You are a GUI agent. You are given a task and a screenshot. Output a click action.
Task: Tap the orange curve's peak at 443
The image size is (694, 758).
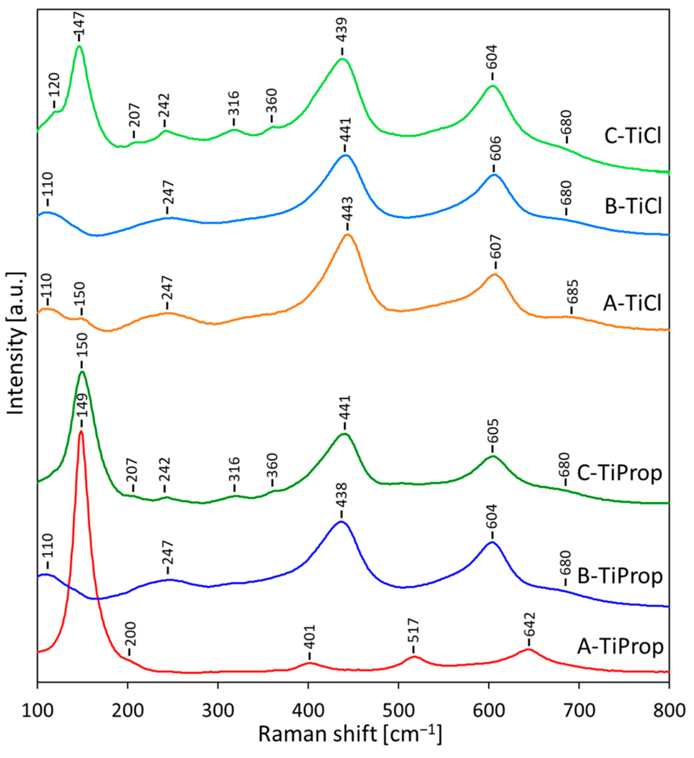tap(348, 235)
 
